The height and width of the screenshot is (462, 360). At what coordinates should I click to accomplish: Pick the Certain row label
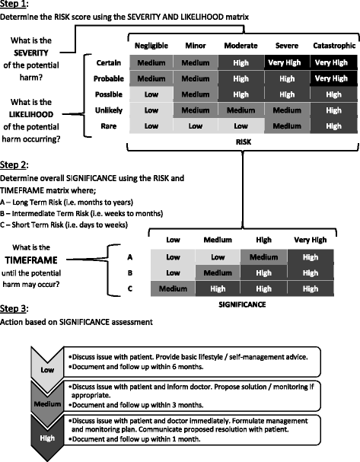coord(109,62)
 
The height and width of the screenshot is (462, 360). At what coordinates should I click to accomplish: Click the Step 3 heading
coord(18,309)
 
